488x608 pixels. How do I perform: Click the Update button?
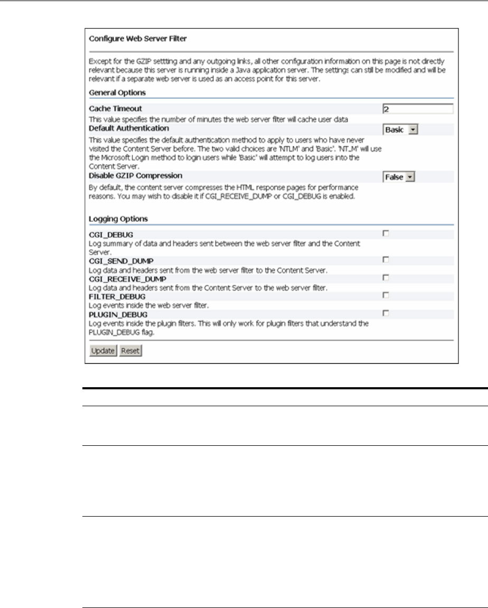103,351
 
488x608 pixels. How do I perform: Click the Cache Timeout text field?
418,109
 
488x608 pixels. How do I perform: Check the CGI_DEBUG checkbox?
386,233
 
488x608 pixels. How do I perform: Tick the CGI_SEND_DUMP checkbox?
386,259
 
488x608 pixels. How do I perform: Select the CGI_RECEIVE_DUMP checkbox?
386,277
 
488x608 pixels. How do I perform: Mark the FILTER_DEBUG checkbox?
386,295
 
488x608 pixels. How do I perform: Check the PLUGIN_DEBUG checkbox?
386,313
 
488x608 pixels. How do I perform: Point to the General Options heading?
117,92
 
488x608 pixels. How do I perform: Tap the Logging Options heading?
118,218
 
